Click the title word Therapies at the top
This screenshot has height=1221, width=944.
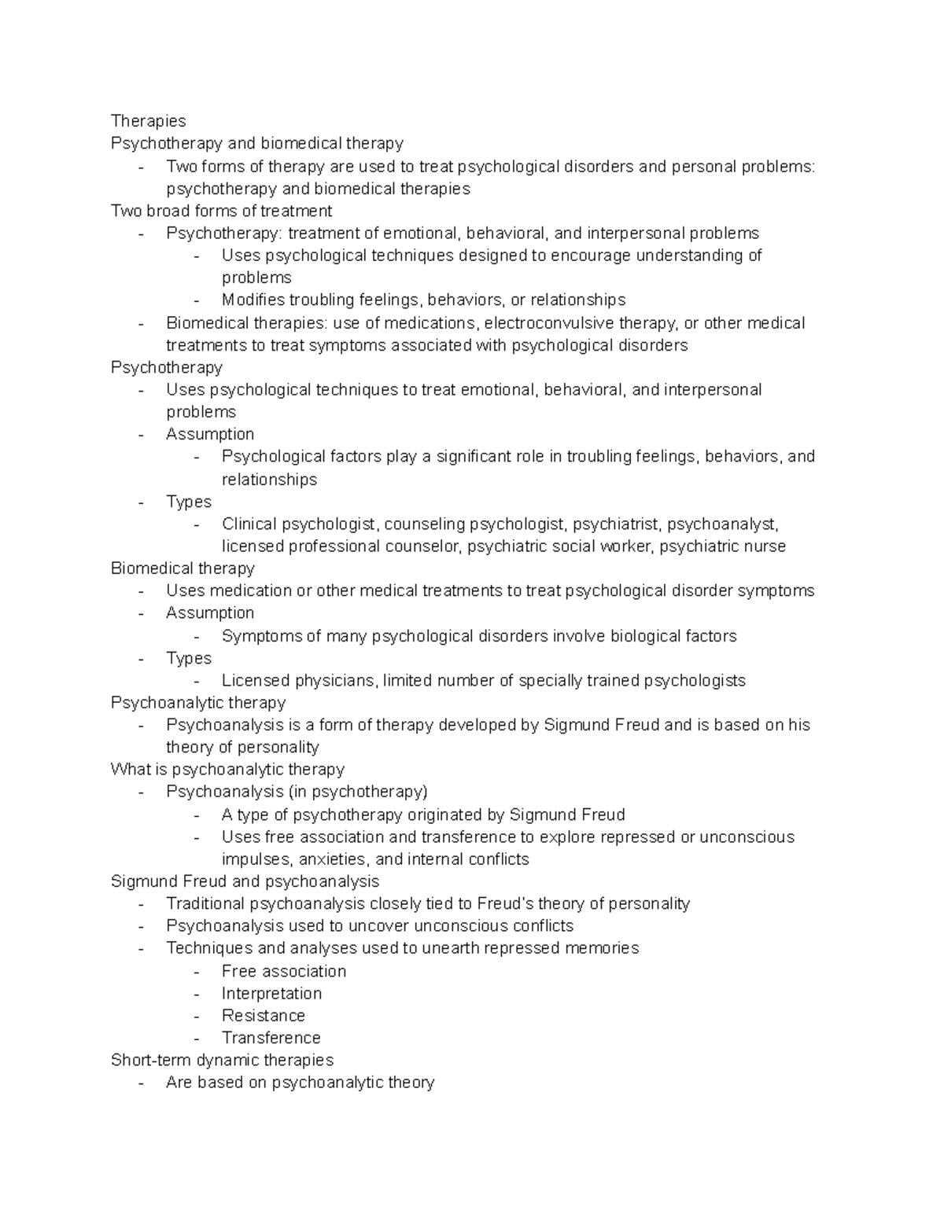pyautogui.click(x=148, y=121)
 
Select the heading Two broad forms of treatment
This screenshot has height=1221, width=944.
pyautogui.click(x=221, y=211)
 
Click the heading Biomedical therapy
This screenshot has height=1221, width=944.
pyautogui.click(x=183, y=568)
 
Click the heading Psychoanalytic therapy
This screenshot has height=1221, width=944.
pyautogui.click(x=197, y=702)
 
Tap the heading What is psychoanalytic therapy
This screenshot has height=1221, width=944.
pyautogui.click(x=227, y=769)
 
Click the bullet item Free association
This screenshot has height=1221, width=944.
pyautogui.click(x=283, y=971)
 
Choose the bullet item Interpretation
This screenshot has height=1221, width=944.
pyautogui.click(x=271, y=993)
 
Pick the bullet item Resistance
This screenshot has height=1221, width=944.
pyautogui.click(x=263, y=1015)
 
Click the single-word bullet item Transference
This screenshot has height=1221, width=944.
pyautogui.click(x=271, y=1038)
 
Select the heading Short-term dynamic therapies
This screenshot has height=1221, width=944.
pyautogui.click(x=222, y=1060)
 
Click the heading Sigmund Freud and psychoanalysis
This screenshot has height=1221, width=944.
pyautogui.click(x=245, y=881)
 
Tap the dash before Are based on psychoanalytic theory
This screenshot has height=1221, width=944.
pyautogui.click(x=141, y=1083)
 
